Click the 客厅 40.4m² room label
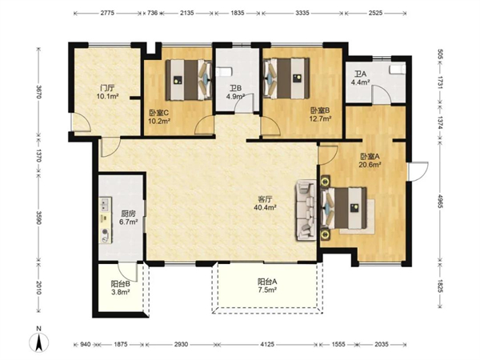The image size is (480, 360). coord(265,203)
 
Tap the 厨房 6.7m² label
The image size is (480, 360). coord(129,218)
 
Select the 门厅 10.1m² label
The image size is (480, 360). coord(107,93)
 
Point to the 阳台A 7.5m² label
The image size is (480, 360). coord(267,286)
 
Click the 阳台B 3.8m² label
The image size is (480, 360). coord(121,288)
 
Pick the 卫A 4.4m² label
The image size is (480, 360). coord(360,78)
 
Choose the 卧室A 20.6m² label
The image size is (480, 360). coord(370,161)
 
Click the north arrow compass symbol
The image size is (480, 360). coord(39,340)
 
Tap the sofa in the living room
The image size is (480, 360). coord(306,210)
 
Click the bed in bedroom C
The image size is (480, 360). coord(189,80)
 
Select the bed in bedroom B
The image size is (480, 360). coord(286,78)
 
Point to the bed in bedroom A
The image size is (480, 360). coord(344,208)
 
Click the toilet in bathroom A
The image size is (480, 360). coord(398,69)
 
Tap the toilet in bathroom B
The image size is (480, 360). coord(224,72)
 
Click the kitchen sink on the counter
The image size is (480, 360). coord(105,204)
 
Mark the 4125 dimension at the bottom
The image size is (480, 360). coord(267,344)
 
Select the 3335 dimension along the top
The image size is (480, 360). coord(302,13)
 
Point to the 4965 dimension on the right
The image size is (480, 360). coord(439,201)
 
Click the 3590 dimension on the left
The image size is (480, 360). coord(39,217)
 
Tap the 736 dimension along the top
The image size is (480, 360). coord(153,13)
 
